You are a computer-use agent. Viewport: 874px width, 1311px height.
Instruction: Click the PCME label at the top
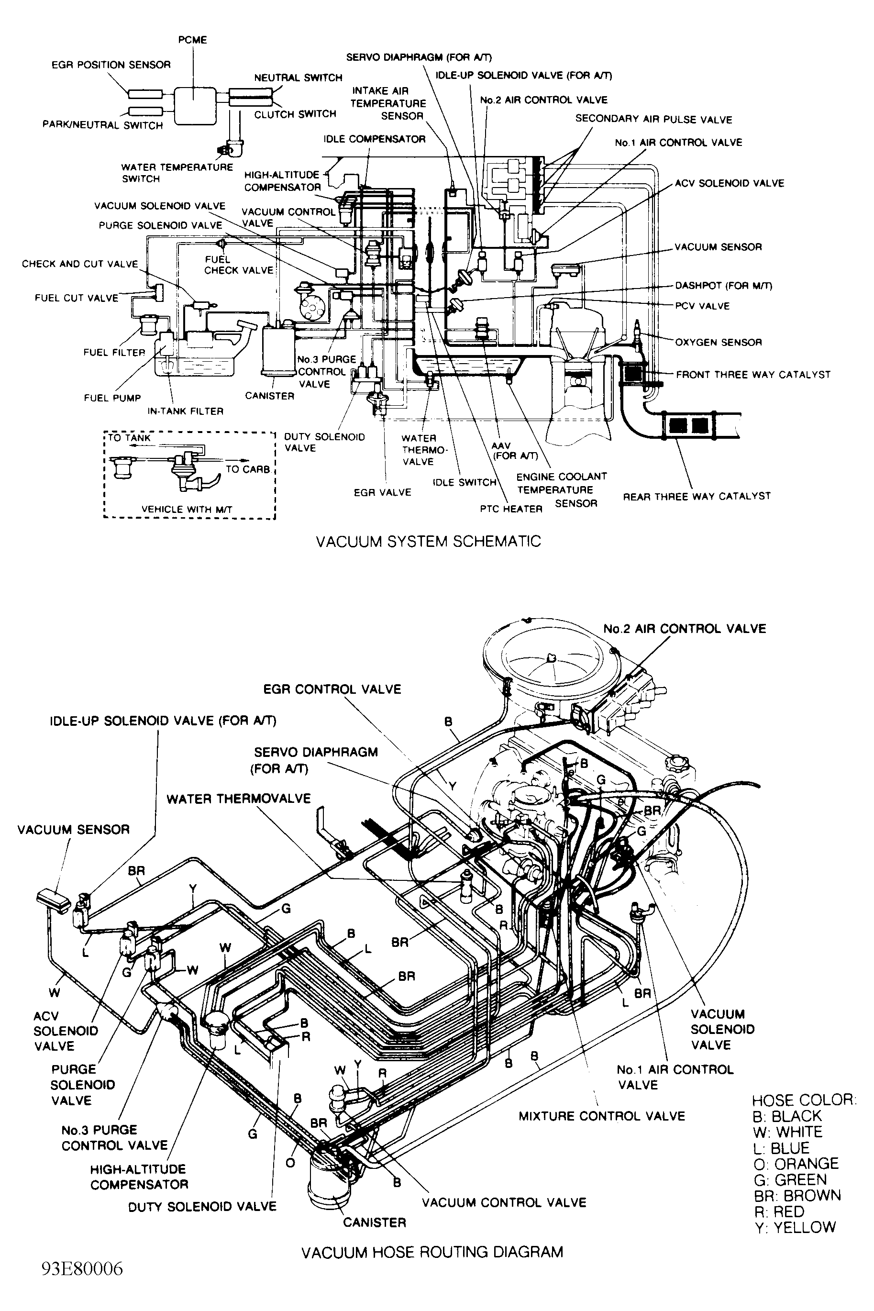click(x=192, y=40)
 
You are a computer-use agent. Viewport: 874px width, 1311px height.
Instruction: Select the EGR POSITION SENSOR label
click(x=111, y=65)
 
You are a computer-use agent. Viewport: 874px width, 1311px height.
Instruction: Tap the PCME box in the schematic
click(x=193, y=105)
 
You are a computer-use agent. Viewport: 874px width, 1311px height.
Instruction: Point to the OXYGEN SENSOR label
click(x=718, y=342)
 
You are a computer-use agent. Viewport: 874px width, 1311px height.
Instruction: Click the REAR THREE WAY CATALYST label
click(x=696, y=496)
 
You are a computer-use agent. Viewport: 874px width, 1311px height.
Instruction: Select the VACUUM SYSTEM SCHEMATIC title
click(x=428, y=541)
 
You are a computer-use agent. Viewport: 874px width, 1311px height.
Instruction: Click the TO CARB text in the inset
click(x=247, y=469)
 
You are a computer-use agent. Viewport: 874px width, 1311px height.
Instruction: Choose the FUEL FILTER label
click(x=114, y=352)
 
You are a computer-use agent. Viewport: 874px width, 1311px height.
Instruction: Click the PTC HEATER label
click(x=510, y=509)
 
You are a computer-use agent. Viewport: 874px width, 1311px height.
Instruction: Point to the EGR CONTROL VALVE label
click(x=332, y=689)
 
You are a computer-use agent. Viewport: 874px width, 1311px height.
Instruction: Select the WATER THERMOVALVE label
click(x=239, y=799)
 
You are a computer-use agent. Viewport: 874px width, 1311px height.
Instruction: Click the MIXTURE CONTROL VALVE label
click(x=601, y=1116)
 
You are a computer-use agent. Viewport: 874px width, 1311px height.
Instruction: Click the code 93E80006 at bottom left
click(x=82, y=1280)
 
